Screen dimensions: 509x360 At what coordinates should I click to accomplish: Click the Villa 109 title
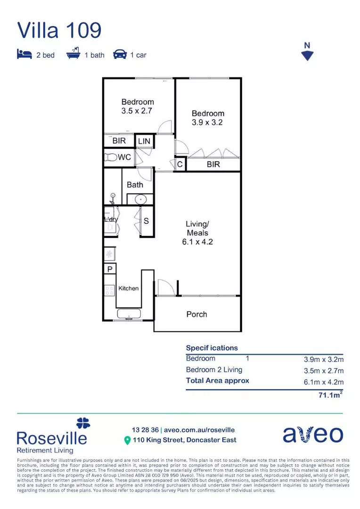(x=59, y=30)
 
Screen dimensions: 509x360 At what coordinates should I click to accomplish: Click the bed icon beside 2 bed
(x=24, y=55)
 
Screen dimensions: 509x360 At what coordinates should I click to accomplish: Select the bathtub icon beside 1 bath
(x=73, y=55)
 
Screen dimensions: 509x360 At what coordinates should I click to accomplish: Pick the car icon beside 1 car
(x=120, y=55)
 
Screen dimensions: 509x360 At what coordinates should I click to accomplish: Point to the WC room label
(x=124, y=157)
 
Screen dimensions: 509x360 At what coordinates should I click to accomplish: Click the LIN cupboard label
(x=144, y=141)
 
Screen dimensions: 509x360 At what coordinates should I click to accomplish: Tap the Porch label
(x=196, y=314)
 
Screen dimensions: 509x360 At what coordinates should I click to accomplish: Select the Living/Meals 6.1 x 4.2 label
(x=197, y=233)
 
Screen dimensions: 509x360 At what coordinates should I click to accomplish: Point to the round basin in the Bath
(x=140, y=199)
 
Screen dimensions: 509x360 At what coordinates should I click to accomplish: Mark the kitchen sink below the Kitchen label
(x=129, y=314)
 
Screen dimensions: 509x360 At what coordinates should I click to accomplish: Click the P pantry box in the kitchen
(x=110, y=269)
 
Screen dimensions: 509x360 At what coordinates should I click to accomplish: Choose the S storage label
(x=146, y=220)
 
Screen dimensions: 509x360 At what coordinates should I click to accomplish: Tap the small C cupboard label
(x=180, y=164)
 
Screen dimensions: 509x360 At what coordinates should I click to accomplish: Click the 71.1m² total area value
(x=330, y=396)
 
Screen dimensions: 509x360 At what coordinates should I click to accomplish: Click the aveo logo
(x=312, y=435)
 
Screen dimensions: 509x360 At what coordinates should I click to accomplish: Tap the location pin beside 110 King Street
(x=127, y=440)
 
